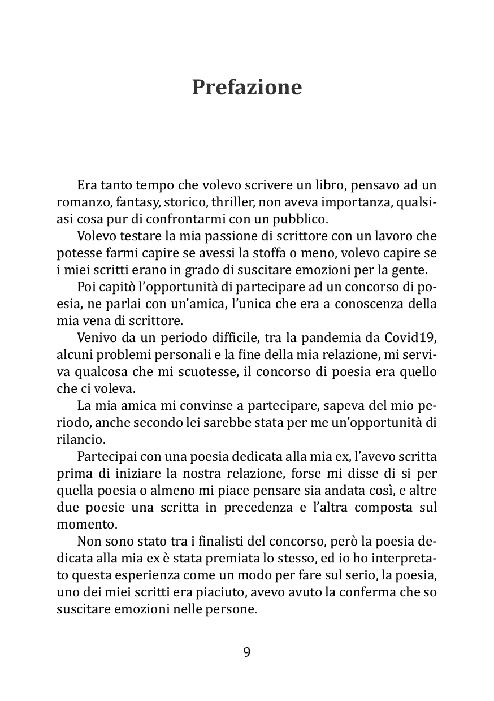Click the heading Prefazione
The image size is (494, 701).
tap(246, 88)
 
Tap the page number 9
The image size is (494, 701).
tap(247, 652)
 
